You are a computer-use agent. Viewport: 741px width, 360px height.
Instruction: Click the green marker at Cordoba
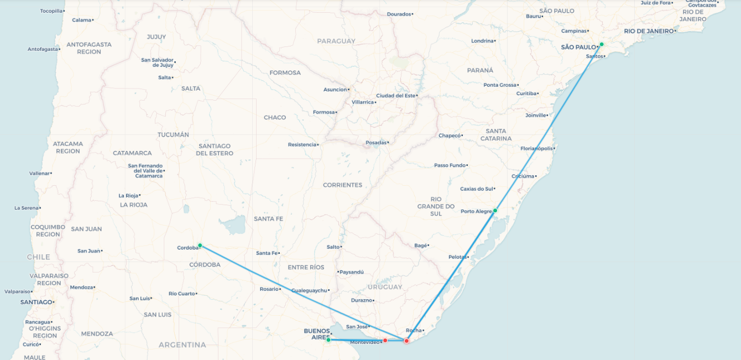point(200,245)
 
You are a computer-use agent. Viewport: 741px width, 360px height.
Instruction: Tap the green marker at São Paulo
point(602,44)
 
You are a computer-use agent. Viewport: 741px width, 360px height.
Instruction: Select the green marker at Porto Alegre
point(495,211)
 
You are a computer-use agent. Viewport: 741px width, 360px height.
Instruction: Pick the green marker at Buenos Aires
point(328,340)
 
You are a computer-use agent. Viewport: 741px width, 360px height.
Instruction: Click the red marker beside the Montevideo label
point(385,340)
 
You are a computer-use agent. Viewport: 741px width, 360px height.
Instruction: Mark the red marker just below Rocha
point(406,341)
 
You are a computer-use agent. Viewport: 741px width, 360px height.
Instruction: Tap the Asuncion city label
point(335,90)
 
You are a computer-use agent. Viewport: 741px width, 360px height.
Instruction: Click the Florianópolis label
point(536,148)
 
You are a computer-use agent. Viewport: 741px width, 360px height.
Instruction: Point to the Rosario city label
point(269,289)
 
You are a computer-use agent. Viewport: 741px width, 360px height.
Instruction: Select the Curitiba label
point(526,93)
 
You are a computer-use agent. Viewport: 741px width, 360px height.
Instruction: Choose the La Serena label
point(27,208)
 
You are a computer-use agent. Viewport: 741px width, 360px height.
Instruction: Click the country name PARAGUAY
point(336,41)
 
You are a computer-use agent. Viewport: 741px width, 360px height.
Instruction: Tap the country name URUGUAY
point(384,287)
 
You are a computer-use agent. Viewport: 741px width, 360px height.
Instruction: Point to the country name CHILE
point(38,257)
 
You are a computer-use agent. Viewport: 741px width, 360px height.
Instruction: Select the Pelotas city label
point(457,257)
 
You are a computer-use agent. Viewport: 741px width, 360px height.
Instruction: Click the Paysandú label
point(352,272)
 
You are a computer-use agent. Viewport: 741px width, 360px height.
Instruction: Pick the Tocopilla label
point(51,11)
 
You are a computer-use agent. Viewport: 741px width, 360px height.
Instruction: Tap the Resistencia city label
point(302,145)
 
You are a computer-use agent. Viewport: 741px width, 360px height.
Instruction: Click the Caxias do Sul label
point(476,189)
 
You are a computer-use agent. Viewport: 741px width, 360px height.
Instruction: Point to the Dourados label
point(399,14)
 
